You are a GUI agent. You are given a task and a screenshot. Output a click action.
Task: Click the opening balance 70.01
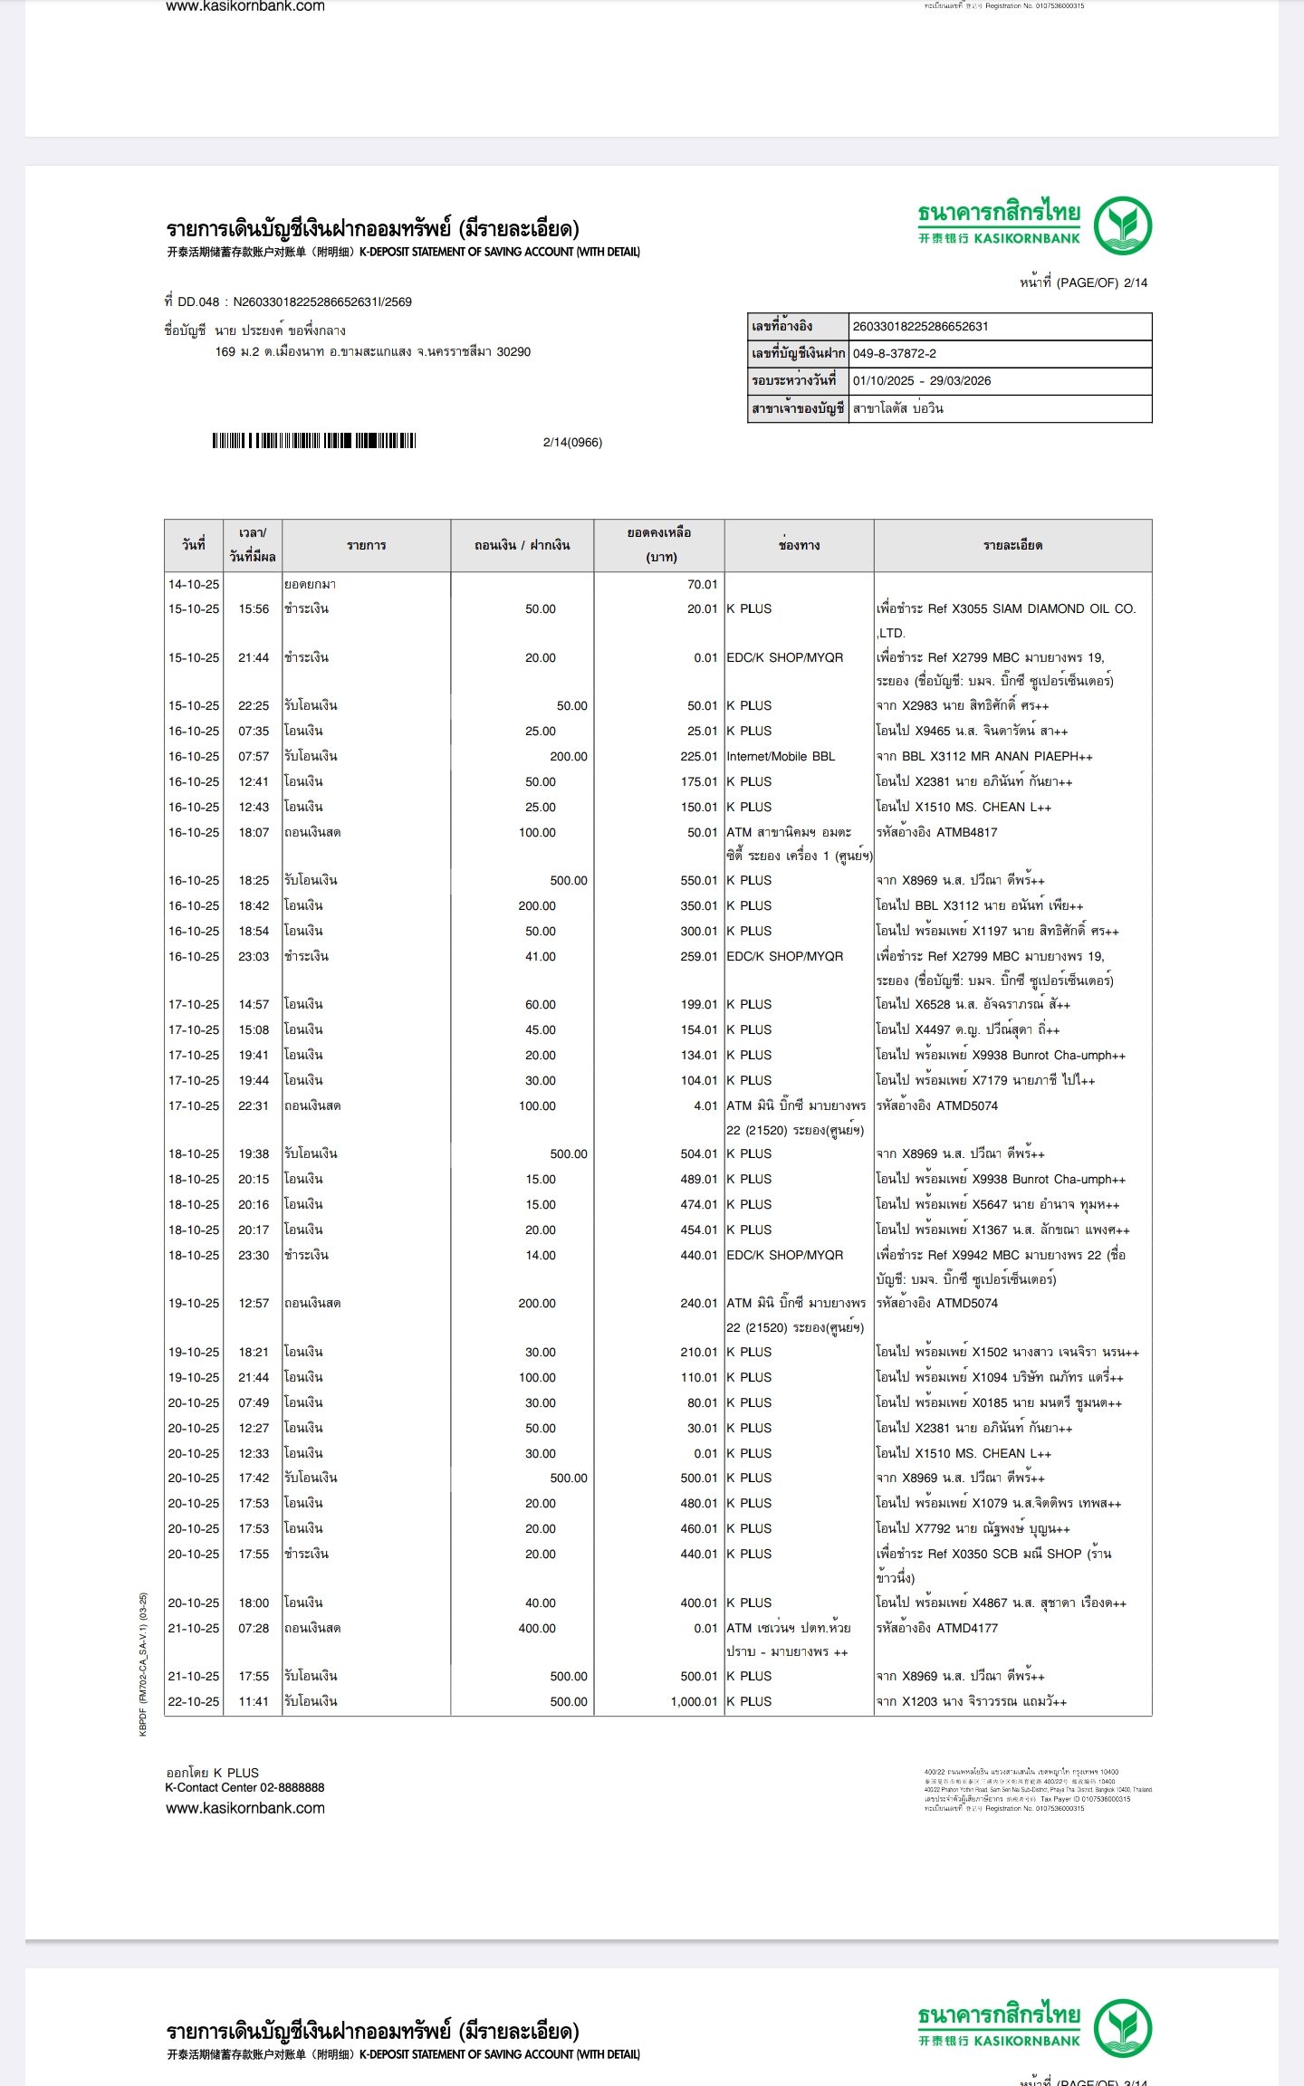[x=702, y=585]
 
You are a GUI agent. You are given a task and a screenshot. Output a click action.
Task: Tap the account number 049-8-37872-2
[x=894, y=354]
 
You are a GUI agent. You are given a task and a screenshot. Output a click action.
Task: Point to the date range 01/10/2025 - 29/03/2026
[x=921, y=381]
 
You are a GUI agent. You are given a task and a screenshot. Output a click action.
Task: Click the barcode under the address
[x=314, y=441]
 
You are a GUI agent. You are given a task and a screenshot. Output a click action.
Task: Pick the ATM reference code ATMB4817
[x=967, y=832]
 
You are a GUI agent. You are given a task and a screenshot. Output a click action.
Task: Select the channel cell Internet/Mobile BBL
[x=781, y=756]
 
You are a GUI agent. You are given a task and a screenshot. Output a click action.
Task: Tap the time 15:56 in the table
[x=254, y=609]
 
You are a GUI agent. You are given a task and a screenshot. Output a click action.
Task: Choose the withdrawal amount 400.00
[x=537, y=1628]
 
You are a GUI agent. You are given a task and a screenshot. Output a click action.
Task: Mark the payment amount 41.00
[x=541, y=956]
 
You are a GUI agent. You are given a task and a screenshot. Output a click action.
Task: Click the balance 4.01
[x=705, y=1105]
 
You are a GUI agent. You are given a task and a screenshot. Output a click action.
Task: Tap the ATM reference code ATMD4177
[x=967, y=1628]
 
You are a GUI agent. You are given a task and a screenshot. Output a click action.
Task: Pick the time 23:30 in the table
[x=254, y=1255]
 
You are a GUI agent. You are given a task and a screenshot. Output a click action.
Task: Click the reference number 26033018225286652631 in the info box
[x=920, y=327]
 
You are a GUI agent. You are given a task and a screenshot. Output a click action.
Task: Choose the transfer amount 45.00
[x=541, y=1029]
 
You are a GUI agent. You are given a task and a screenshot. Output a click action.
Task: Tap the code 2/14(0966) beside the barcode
[x=572, y=443]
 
